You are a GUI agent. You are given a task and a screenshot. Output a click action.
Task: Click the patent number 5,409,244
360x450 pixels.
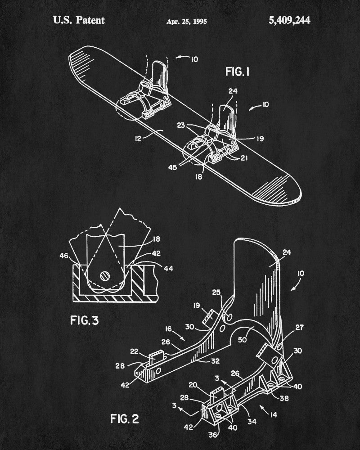[289, 20]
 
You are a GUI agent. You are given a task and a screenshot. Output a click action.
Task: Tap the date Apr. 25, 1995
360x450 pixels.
[187, 21]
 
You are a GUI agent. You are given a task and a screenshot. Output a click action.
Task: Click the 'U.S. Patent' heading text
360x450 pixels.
[79, 20]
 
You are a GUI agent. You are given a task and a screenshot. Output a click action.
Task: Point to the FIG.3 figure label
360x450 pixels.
[85, 320]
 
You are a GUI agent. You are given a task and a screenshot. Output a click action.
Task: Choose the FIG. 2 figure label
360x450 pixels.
[125, 418]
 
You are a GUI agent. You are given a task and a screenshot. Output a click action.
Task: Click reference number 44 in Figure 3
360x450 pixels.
[168, 269]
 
